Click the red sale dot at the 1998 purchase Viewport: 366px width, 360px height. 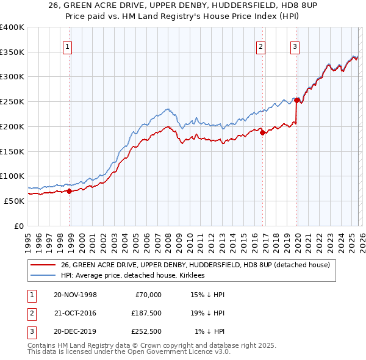70,191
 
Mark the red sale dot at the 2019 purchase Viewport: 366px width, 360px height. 297,101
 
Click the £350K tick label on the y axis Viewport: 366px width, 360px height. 12,52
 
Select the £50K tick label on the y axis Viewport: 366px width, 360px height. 14,201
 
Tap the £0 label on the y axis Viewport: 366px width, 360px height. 19,226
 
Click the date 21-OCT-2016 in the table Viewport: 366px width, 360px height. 75,313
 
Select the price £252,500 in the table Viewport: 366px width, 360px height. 146,331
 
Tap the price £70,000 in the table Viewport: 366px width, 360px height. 148,295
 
